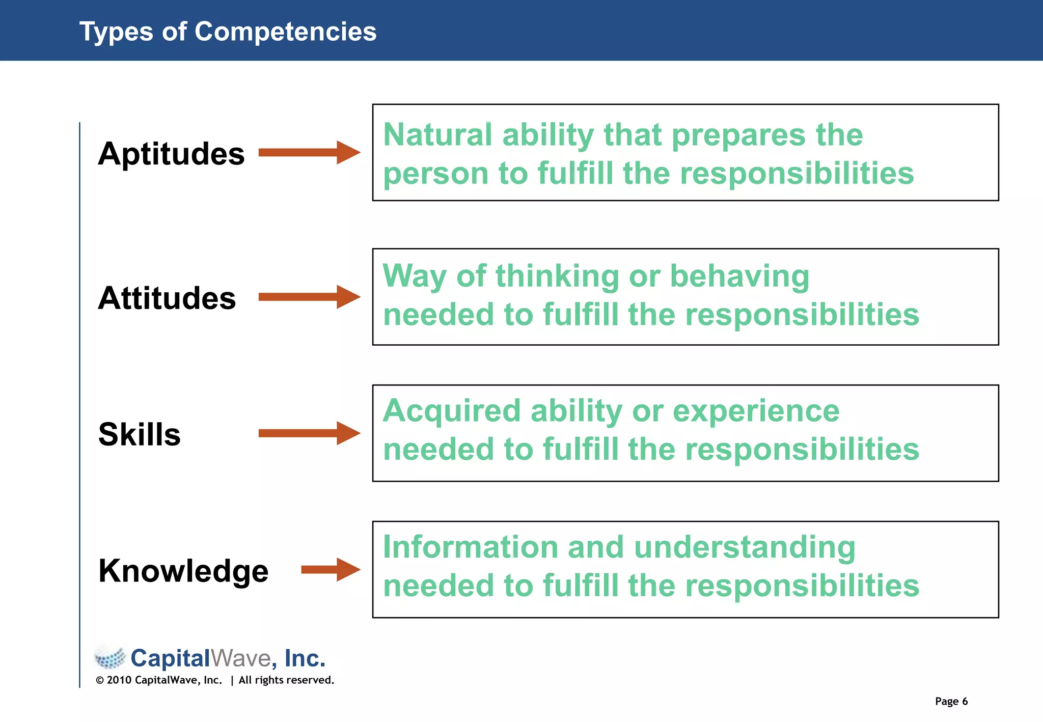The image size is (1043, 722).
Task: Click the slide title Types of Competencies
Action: point(228,32)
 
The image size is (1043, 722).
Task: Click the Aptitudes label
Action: point(171,153)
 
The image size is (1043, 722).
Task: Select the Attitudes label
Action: point(167,298)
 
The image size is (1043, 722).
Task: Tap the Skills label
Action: point(140,434)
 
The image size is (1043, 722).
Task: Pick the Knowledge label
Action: point(183,571)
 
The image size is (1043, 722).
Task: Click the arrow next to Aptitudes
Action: point(309,152)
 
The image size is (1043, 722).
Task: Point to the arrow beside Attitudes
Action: point(309,297)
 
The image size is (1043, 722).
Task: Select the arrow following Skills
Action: point(309,433)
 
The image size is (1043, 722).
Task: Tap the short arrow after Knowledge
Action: point(331,570)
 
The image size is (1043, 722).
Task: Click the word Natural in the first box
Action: point(437,135)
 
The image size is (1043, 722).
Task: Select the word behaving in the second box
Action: point(739,276)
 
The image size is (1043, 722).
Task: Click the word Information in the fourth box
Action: point(471,547)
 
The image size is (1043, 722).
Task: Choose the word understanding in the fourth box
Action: point(745,548)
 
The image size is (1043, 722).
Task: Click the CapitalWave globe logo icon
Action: point(110,657)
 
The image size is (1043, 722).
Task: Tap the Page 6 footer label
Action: point(951,701)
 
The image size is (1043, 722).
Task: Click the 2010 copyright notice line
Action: point(215,680)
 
